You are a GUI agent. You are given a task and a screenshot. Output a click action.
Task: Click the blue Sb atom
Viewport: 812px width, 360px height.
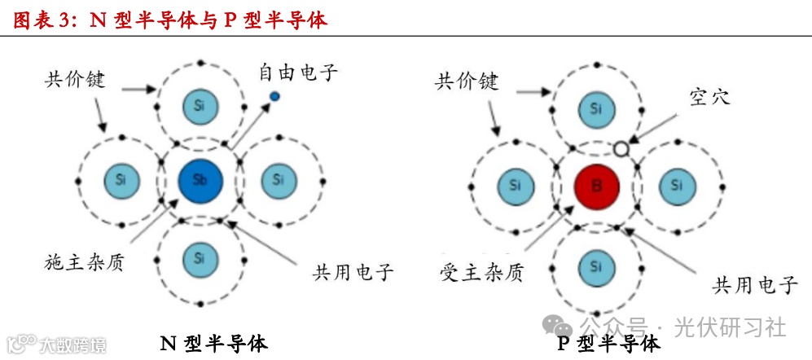[200, 179]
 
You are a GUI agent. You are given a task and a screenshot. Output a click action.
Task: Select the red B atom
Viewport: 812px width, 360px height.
[596, 185]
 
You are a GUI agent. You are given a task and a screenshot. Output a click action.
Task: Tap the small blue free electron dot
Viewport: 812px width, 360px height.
[274, 97]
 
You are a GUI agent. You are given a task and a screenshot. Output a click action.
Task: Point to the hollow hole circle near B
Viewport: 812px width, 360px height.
[621, 148]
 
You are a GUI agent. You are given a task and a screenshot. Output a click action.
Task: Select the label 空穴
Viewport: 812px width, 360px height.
[709, 97]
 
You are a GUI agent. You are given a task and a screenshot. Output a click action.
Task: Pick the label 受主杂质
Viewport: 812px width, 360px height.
[481, 271]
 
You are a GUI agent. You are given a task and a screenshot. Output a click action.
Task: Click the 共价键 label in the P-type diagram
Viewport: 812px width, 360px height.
[467, 81]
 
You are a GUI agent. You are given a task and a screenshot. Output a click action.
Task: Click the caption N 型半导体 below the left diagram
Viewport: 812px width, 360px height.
[213, 343]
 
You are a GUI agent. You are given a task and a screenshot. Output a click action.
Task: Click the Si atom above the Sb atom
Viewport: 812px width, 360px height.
[200, 104]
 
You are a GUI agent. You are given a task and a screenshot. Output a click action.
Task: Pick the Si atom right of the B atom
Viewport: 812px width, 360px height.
[676, 185]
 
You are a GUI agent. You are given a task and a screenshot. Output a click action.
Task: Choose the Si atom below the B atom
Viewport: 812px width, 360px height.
[596, 265]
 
